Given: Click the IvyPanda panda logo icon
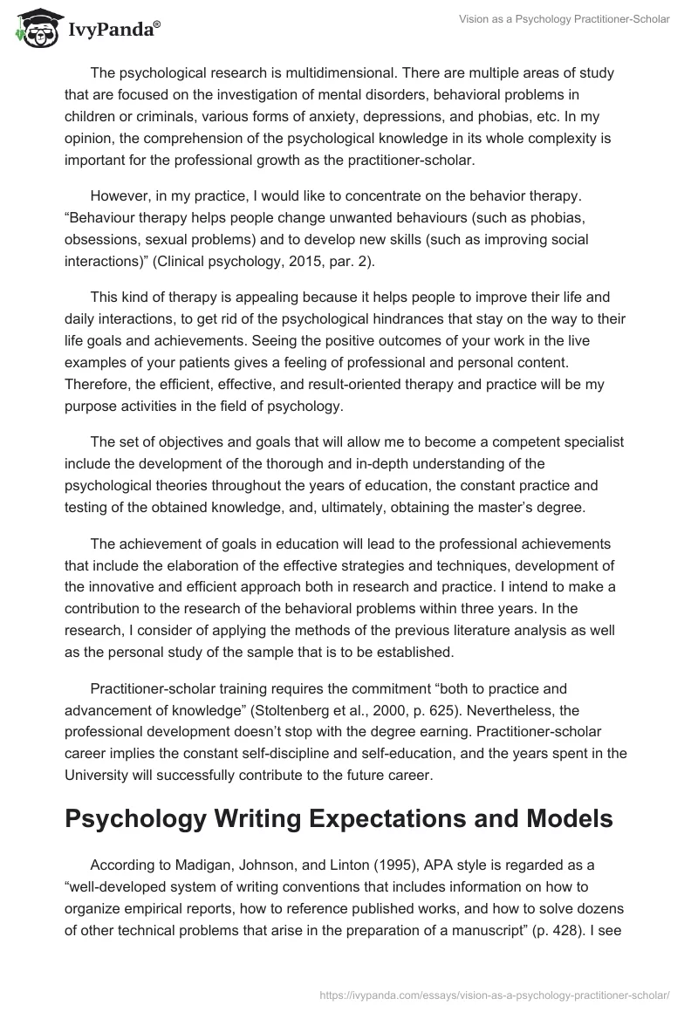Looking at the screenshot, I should coord(35,29).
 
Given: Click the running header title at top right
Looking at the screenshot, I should coord(564,18).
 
